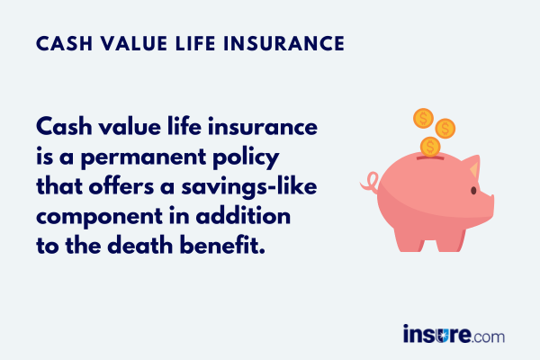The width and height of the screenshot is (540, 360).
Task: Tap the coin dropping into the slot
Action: click(430, 147)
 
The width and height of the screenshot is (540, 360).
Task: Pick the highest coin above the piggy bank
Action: click(423, 117)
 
